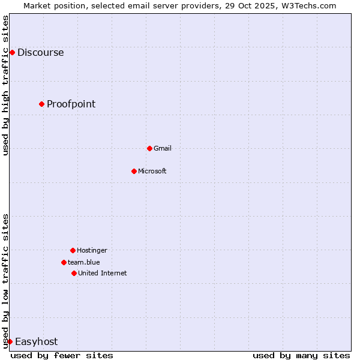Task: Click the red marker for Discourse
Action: click(12, 52)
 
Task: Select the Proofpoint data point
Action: click(41, 104)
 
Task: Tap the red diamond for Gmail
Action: click(149, 148)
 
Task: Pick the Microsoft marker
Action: click(134, 171)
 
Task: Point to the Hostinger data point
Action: click(73, 250)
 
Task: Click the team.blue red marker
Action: click(64, 262)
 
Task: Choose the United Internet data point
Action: click(74, 273)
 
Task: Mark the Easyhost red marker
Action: click(10, 341)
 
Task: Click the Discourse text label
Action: click(40, 52)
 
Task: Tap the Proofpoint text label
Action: click(71, 104)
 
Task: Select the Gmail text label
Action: click(162, 148)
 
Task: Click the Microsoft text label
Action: click(152, 171)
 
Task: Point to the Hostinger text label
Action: click(92, 250)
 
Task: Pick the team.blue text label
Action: click(83, 262)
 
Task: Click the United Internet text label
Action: click(102, 273)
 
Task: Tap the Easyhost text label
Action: click(36, 341)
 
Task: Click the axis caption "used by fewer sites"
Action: click(62, 355)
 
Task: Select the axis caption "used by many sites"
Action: click(301, 355)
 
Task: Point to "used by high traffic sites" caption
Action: click(5, 85)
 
